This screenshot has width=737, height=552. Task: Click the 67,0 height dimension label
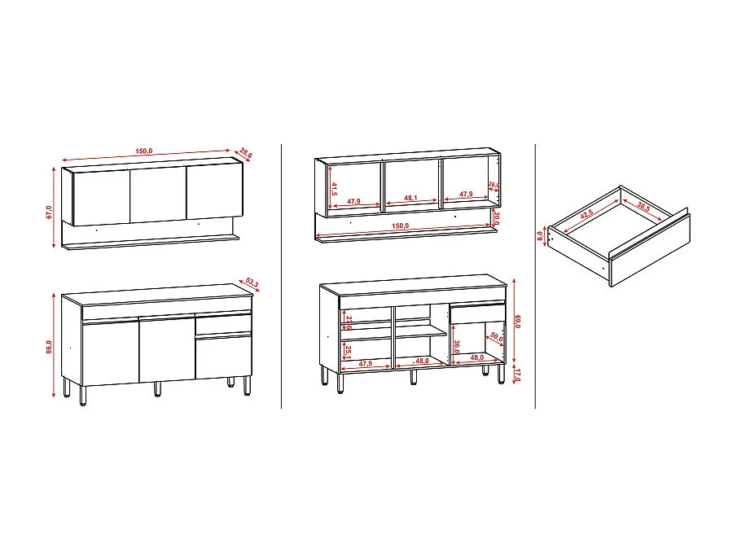point(50,212)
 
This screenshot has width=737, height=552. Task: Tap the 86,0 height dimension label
point(50,346)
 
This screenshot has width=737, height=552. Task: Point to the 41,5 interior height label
point(335,191)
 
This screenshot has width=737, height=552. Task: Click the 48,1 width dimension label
point(410,198)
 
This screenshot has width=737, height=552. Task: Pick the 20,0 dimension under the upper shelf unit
point(497,219)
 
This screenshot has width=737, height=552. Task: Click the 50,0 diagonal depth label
point(497,337)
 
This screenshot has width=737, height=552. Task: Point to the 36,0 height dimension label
point(458,346)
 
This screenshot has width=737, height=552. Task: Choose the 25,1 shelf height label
point(348,352)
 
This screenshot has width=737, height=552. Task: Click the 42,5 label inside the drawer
point(586,217)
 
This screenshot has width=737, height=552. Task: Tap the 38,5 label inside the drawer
point(644,208)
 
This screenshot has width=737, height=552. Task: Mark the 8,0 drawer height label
point(539,237)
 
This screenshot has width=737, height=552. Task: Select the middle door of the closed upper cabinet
point(159,195)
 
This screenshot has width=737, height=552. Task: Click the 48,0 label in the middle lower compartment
point(422,361)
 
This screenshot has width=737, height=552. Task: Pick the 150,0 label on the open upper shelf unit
point(399,226)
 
